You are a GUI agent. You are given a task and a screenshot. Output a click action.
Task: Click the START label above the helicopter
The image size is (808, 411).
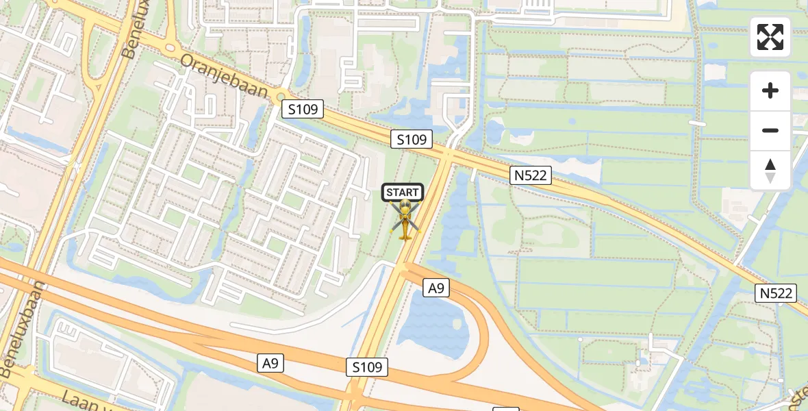click(403, 192)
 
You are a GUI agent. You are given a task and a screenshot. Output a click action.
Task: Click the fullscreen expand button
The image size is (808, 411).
click(770, 37)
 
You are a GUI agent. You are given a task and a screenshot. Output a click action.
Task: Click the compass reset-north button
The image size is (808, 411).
click(770, 171)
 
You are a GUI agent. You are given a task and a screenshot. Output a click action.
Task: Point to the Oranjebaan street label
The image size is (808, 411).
click(223, 75)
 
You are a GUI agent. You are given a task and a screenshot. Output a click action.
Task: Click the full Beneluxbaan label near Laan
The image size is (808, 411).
click(18, 328)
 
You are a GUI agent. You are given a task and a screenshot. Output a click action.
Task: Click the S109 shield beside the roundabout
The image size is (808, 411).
click(303, 108)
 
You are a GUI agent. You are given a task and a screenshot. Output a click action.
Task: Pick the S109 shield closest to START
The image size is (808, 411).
click(412, 140)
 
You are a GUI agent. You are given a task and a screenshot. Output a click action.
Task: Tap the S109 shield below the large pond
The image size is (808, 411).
click(367, 367)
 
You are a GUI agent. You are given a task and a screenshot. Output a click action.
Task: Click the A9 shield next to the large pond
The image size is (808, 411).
click(436, 288)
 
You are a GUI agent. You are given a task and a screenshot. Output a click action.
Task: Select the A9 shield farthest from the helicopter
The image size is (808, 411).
click(270, 363)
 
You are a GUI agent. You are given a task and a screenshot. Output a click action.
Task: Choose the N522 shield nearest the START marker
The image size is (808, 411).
click(531, 175)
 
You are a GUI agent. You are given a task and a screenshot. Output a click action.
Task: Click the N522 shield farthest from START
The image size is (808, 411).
click(777, 293)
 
